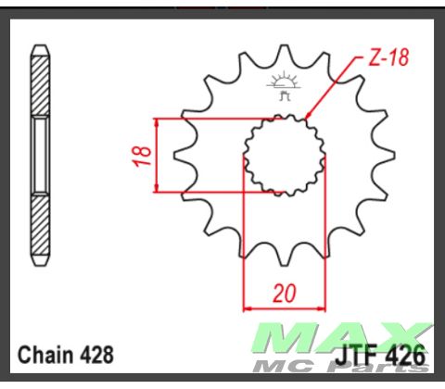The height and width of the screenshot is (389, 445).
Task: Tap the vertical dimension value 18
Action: point(142,156)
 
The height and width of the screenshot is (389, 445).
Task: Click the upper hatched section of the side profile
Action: point(40,83)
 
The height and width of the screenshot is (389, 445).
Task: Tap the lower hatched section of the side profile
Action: point(40,227)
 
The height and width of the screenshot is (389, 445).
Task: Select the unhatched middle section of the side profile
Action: point(40,156)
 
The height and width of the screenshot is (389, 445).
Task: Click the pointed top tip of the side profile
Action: point(40,44)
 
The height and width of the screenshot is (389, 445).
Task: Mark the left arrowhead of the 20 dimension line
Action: point(247,308)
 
